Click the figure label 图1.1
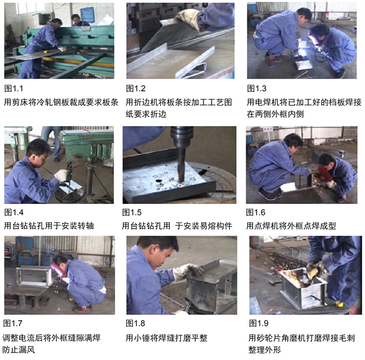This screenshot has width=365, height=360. (13, 89)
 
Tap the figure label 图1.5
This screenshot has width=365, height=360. (132, 212)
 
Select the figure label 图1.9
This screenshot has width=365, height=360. (259, 323)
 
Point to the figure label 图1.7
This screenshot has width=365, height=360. (13, 323)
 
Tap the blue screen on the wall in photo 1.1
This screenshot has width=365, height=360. (87, 15)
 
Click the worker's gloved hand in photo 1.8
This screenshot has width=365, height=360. (188, 271)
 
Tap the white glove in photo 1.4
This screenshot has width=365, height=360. (62, 175)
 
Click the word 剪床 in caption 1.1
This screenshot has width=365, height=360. (20, 102)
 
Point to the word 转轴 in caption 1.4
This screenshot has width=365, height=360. (86, 226)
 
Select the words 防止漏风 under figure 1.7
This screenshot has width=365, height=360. (18, 350)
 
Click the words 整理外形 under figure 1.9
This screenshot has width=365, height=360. (265, 350)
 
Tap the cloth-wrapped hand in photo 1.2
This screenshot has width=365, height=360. (188, 18)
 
